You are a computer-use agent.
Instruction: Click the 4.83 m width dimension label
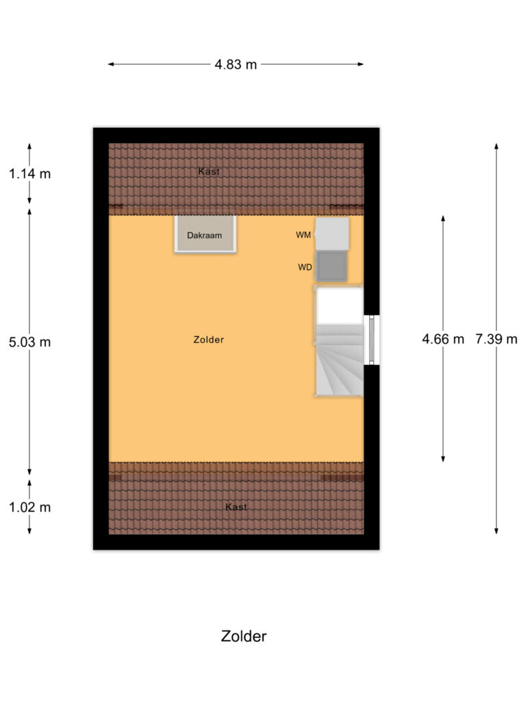pyautogui.click(x=236, y=65)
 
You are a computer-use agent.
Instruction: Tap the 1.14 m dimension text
pyautogui.click(x=29, y=173)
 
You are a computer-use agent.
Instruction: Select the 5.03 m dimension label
pyautogui.click(x=29, y=342)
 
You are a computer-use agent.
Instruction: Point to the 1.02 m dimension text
pyautogui.click(x=29, y=507)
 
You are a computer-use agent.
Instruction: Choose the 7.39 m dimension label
pyautogui.click(x=497, y=338)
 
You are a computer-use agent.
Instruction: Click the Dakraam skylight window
pyautogui.click(x=205, y=235)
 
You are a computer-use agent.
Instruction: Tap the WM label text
pyautogui.click(x=303, y=235)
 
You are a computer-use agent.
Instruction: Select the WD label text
pyautogui.click(x=305, y=268)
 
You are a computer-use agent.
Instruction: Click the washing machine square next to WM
pyautogui.click(x=332, y=233)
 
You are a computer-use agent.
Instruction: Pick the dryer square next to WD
pyautogui.click(x=332, y=266)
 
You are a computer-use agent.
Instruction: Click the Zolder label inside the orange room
pyautogui.click(x=209, y=340)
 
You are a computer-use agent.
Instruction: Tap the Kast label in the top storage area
pyautogui.click(x=209, y=171)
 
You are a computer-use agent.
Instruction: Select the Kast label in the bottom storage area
pyautogui.click(x=236, y=507)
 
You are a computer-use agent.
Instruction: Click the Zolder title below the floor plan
pyautogui.click(x=243, y=636)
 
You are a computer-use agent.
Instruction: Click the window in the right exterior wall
pyautogui.click(x=372, y=340)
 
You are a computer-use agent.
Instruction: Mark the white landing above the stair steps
pyautogui.click(x=339, y=305)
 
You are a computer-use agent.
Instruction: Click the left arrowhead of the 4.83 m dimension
pyautogui.click(x=110, y=65)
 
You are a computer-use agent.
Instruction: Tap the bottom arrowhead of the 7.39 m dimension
pyautogui.click(x=497, y=531)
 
